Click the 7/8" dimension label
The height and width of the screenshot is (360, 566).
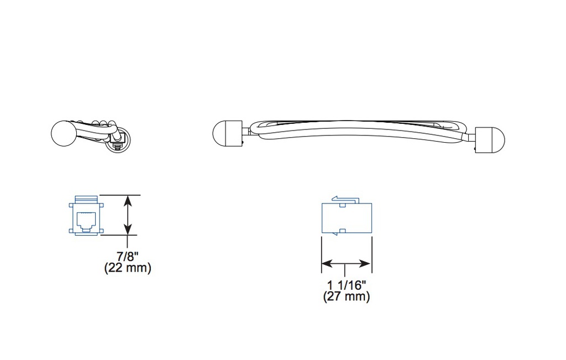(x=128, y=257)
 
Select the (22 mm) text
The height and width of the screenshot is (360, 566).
(x=128, y=268)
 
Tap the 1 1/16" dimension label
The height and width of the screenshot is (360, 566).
(x=347, y=285)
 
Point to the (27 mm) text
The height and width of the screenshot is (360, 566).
(x=347, y=296)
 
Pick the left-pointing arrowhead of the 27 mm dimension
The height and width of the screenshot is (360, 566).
(x=327, y=264)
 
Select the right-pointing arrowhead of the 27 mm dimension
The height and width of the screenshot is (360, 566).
(x=365, y=264)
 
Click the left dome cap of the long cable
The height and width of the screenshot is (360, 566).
(x=227, y=134)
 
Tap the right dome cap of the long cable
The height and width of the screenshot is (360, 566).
(x=490, y=140)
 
